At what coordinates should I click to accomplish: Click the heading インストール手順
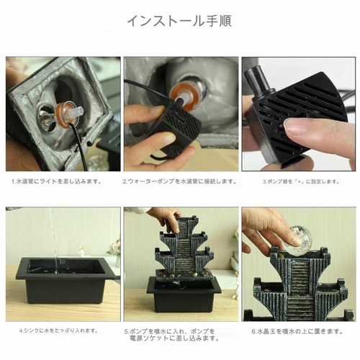[x=179, y=19]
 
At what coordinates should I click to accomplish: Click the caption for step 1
[x=55, y=181]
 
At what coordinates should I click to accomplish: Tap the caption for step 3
[x=300, y=181]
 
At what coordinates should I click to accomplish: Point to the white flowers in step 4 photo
[x=112, y=247]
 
